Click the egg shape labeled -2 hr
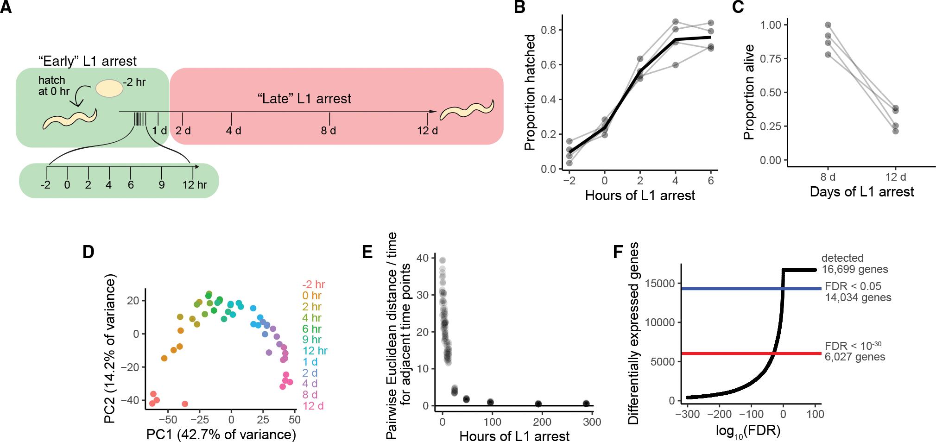109,88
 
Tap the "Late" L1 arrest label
304,99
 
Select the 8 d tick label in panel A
329,131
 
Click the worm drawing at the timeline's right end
467,110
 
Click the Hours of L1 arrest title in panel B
640,196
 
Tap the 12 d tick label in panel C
895,177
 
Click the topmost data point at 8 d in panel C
828,25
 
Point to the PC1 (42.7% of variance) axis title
221,435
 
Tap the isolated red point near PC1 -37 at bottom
185,404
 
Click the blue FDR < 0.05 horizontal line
741,289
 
